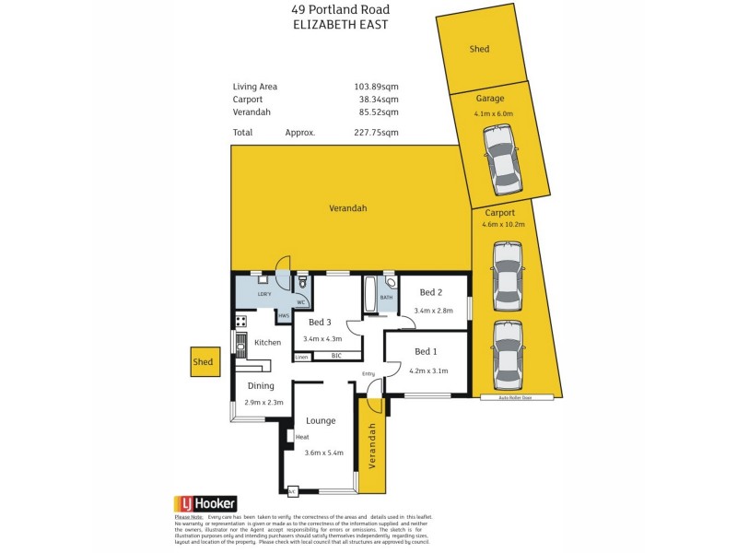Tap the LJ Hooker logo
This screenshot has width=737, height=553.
click(205, 503)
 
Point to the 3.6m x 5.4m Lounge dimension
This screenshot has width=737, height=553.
click(323, 453)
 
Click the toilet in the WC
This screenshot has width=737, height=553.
click(301, 284)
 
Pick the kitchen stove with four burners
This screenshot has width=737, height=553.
click(240, 322)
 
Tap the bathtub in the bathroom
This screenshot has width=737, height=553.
click(370, 294)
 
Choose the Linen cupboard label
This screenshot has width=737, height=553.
click(301, 357)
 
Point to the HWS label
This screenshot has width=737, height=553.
click(283, 315)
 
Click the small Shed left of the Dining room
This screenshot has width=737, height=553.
click(204, 362)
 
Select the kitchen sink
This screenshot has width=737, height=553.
click(240, 347)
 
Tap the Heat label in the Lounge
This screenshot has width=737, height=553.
click(302, 437)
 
